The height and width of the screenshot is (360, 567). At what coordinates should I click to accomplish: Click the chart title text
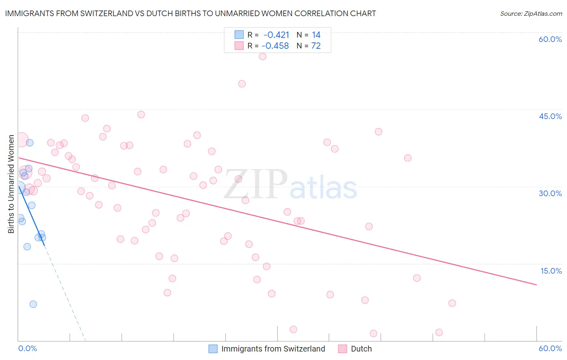(x=190, y=13)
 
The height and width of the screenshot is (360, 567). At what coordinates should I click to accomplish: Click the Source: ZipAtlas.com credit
(x=531, y=13)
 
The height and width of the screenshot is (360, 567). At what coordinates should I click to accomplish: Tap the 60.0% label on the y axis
(x=550, y=39)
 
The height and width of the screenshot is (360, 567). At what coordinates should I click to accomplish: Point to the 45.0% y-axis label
(x=550, y=116)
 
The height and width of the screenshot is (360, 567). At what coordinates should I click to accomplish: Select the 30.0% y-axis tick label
(x=550, y=193)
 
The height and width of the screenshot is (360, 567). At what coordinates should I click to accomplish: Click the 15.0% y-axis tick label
(x=551, y=271)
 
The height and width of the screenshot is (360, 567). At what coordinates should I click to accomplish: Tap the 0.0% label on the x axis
(x=27, y=348)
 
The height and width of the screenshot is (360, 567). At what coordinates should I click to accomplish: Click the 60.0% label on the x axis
(x=550, y=348)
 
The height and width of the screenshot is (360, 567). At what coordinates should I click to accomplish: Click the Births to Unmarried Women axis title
(x=11, y=184)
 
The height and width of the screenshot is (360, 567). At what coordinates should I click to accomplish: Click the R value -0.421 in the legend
(x=276, y=35)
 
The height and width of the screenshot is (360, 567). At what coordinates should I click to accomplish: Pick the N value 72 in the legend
(x=316, y=46)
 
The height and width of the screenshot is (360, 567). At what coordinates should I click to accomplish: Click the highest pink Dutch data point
(x=263, y=57)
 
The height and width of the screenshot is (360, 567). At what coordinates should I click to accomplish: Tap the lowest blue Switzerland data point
(x=33, y=304)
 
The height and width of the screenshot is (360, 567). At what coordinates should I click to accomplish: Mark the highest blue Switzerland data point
(x=29, y=142)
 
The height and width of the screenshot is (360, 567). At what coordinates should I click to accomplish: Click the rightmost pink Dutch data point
(x=452, y=303)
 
